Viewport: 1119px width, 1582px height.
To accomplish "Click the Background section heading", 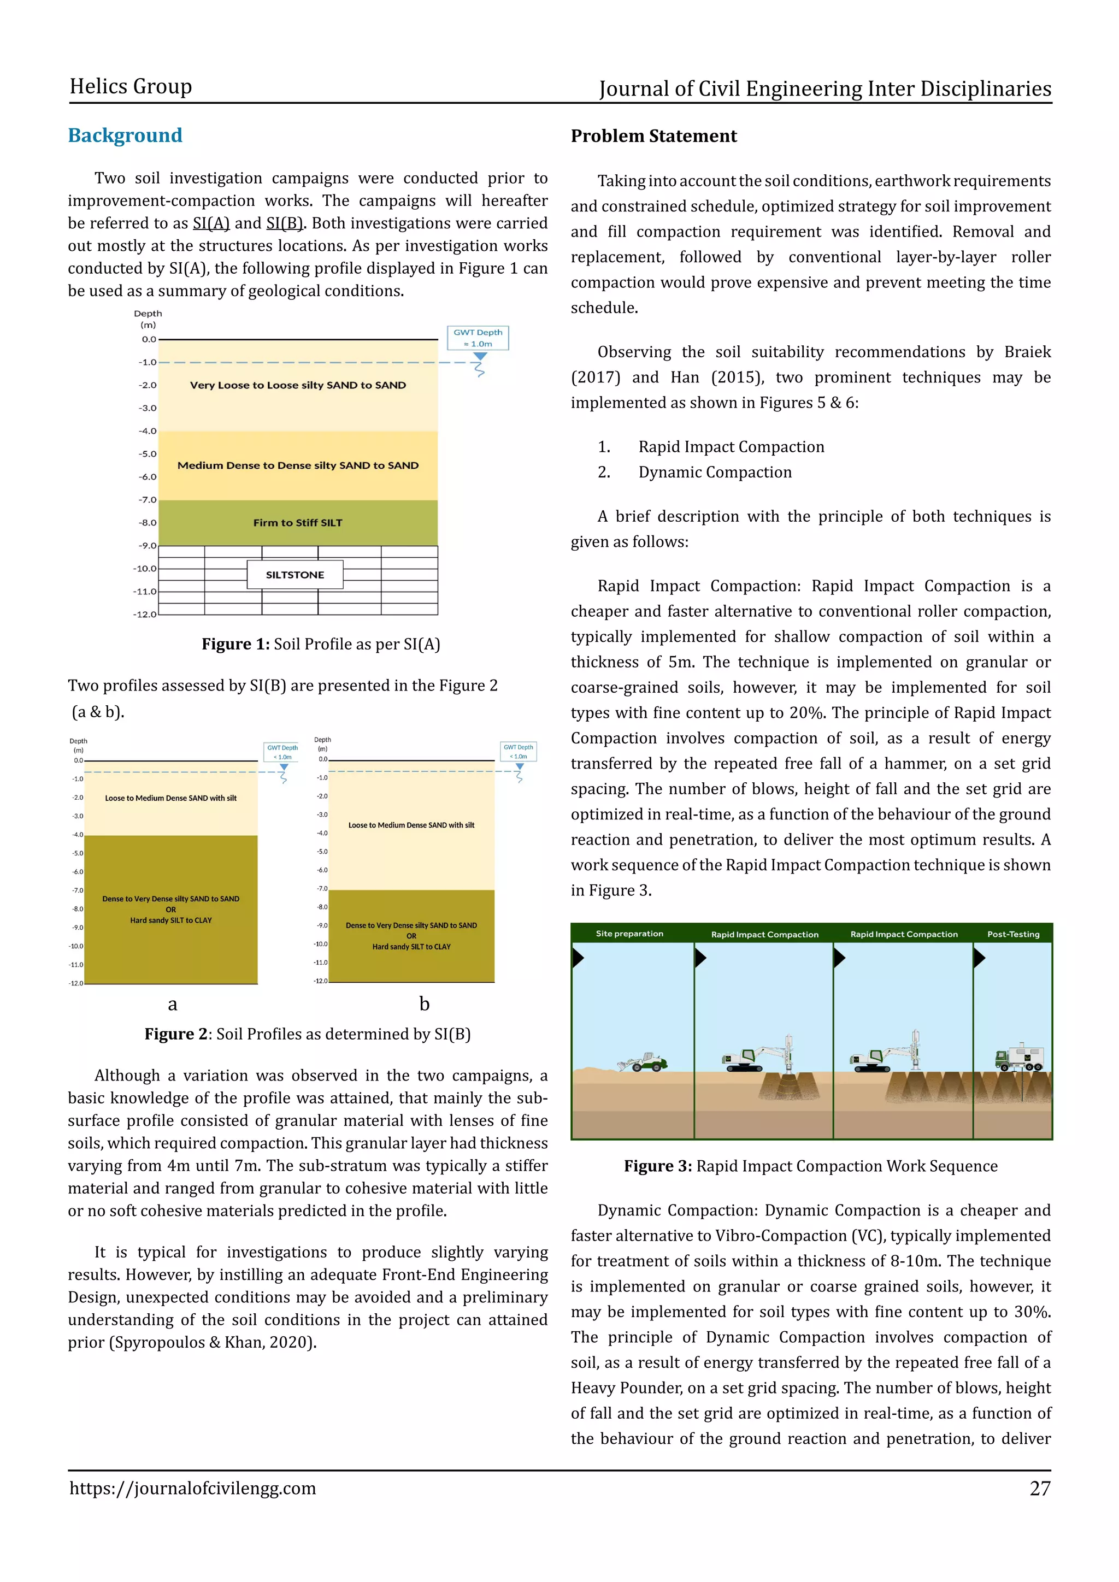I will click(x=125, y=135).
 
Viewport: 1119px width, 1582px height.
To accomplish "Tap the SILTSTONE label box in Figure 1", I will click(x=295, y=575).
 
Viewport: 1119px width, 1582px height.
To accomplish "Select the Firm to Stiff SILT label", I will click(x=298, y=522).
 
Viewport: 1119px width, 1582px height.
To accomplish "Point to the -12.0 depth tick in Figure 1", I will click(x=145, y=614).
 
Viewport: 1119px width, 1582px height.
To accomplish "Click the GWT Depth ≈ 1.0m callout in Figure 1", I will click(x=478, y=338).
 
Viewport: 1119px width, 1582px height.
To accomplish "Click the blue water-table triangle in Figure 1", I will click(x=480, y=357).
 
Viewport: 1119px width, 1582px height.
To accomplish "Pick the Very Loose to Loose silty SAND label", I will click(x=298, y=385).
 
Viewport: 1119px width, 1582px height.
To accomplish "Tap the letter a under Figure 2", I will click(x=172, y=1004).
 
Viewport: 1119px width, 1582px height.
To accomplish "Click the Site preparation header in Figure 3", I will click(x=629, y=934).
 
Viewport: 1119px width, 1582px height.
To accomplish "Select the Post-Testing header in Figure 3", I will click(x=1013, y=934).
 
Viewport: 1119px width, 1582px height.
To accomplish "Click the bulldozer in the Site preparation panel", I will click(x=643, y=1062).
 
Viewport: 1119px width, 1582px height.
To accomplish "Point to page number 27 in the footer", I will click(x=1040, y=1488).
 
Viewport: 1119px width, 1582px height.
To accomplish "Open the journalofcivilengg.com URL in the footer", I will click(x=192, y=1488).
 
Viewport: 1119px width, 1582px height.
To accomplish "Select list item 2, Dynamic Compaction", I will click(x=715, y=472).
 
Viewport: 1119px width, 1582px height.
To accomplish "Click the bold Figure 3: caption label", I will click(x=657, y=1166).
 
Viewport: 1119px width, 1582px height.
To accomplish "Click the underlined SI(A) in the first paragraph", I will click(x=211, y=223).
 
